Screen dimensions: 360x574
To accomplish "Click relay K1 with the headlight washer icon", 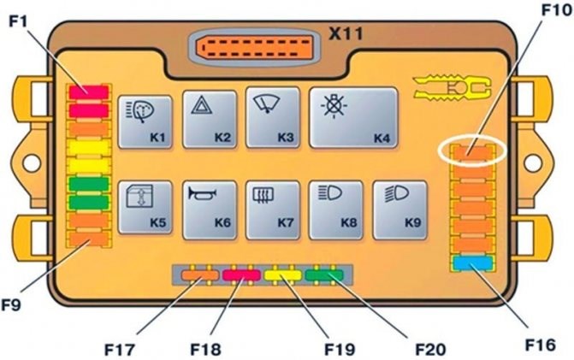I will pos(145,122).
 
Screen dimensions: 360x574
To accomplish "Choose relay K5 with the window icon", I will pos(145,207).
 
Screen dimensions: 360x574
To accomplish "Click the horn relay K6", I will pos(210,207).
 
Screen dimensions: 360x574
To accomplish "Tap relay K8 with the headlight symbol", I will pos(336,207).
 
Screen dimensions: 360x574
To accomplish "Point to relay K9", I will pos(400,207).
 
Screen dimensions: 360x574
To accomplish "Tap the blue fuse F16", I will pos(472,263).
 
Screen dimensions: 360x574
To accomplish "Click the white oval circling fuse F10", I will pos(472,152).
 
